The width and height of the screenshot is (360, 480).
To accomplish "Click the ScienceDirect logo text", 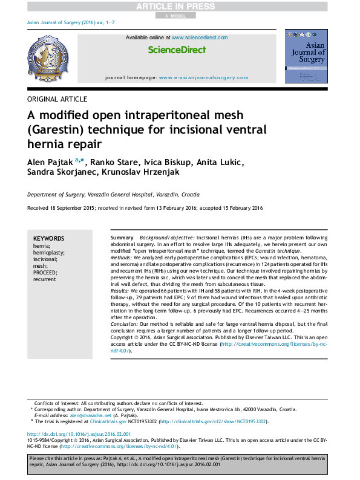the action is (x=177, y=50).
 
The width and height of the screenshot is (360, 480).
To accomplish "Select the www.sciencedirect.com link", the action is (x=199, y=37).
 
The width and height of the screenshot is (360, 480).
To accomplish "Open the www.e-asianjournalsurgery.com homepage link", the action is (x=203, y=78).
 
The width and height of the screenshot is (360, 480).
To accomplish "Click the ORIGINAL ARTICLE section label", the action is (x=57, y=99).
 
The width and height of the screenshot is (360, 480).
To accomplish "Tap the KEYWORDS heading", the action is (x=48, y=239).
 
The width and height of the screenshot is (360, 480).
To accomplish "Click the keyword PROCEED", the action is (x=45, y=273).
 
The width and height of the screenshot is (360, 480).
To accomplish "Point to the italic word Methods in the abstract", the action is (x=123, y=258).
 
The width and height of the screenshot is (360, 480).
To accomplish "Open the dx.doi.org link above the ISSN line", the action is (x=79, y=434).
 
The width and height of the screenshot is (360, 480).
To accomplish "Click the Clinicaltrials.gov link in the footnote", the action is (x=90, y=421).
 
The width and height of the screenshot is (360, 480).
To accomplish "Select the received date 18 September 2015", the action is (x=71, y=208).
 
